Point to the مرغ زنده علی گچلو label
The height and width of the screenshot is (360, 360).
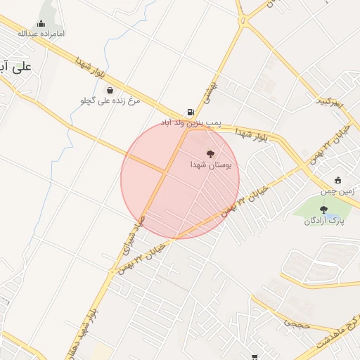(110, 101)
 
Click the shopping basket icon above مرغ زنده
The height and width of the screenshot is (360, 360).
(110, 89)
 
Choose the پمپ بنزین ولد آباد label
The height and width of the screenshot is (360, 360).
(191, 122)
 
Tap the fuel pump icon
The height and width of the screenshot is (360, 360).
(190, 111)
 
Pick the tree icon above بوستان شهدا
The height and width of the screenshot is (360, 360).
(210, 153)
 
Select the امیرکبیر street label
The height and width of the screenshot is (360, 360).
(329, 103)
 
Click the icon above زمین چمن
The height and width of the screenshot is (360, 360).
(338, 180)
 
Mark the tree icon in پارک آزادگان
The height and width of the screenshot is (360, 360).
(323, 210)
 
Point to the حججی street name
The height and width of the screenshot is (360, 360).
(292, 323)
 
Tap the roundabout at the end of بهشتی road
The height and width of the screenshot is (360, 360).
(243, 21)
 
